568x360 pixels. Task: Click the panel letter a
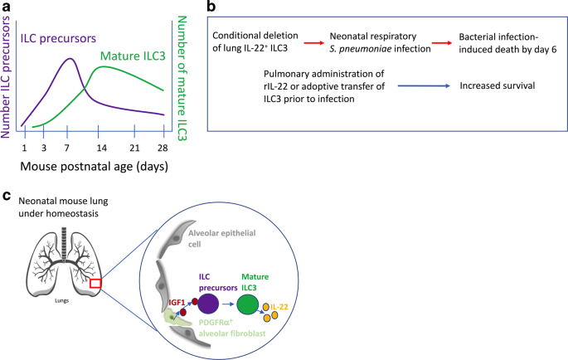click(x=7, y=7)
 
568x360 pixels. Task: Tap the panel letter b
click(x=211, y=7)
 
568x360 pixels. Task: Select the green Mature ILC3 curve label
click(x=136, y=56)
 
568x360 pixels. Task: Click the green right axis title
click(x=182, y=71)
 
